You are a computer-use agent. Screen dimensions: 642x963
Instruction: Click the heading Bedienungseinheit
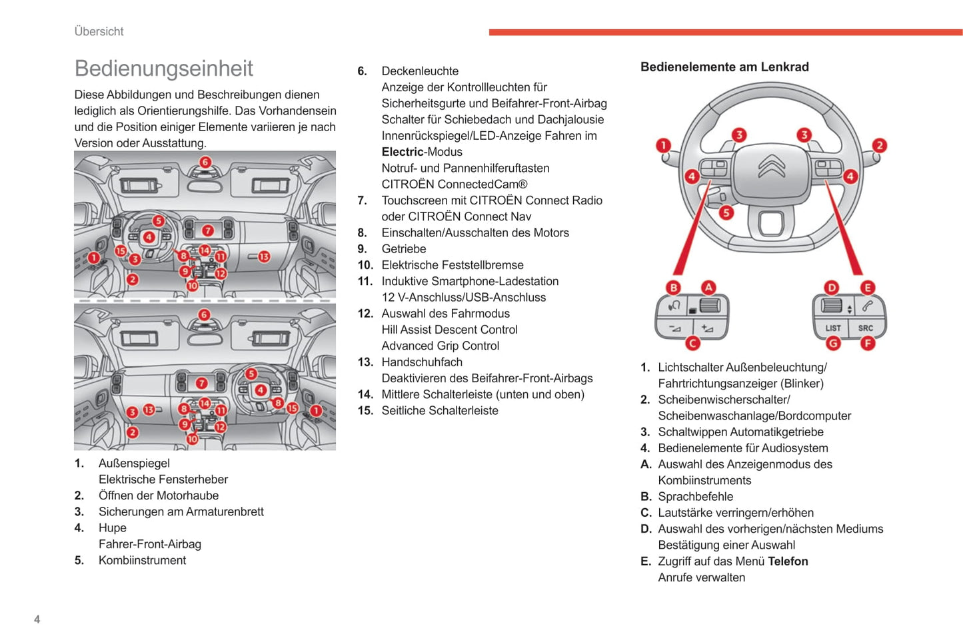pyautogui.click(x=164, y=69)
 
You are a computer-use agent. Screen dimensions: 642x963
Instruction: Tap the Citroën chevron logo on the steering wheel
pyautogui.click(x=772, y=166)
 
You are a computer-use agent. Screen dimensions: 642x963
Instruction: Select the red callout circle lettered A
pyautogui.click(x=708, y=287)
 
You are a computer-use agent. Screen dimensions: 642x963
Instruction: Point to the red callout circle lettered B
pyautogui.click(x=674, y=287)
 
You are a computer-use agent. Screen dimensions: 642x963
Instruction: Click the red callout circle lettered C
pyautogui.click(x=693, y=343)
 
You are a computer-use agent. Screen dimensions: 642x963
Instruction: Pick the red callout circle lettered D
pyautogui.click(x=832, y=287)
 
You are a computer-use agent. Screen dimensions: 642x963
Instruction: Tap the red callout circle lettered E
pyautogui.click(x=867, y=287)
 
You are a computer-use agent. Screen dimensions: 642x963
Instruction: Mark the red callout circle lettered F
pyautogui.click(x=867, y=343)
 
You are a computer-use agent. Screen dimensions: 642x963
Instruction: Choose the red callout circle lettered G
pyautogui.click(x=833, y=343)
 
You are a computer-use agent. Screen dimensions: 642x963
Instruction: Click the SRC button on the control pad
pyautogui.click(x=865, y=328)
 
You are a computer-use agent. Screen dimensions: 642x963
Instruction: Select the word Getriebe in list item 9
pyautogui.click(x=404, y=249)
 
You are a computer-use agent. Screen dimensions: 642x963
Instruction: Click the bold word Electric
pyautogui.click(x=403, y=152)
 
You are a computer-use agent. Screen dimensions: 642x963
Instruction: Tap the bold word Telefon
pyautogui.click(x=788, y=561)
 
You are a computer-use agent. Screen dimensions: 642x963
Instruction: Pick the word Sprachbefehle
pyautogui.click(x=695, y=497)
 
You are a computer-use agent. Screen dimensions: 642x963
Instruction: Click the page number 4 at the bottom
pyautogui.click(x=37, y=619)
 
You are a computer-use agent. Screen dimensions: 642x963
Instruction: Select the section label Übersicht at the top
pyautogui.click(x=99, y=31)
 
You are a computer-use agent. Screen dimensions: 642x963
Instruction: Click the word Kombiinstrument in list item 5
pyautogui.click(x=142, y=561)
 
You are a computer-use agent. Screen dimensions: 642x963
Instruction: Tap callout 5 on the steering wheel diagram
pyautogui.click(x=726, y=212)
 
